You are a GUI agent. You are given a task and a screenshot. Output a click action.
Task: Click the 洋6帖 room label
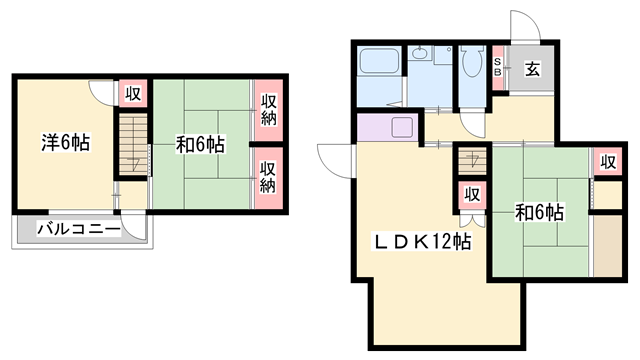66,142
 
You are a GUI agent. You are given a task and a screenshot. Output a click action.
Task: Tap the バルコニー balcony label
79,229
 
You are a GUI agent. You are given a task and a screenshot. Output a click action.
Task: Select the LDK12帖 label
423,242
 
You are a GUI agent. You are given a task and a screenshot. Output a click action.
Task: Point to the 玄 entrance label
532,69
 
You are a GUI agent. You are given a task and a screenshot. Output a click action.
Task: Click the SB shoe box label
498,67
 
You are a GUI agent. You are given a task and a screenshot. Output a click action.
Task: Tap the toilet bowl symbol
472,62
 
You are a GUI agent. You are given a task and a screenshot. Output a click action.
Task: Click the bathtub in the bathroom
378,62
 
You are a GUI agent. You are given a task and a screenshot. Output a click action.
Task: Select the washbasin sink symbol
419,53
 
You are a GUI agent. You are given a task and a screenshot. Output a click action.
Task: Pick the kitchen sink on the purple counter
402,127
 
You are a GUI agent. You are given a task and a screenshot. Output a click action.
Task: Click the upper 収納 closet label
269,109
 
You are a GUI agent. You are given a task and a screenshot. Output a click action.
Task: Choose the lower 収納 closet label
268,177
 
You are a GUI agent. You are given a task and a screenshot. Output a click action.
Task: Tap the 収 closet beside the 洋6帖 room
133,93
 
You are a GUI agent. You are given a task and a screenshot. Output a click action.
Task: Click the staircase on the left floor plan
133,145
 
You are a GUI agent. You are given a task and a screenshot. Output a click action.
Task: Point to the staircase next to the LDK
473,159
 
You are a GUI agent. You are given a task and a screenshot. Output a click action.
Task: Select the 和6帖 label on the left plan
200,144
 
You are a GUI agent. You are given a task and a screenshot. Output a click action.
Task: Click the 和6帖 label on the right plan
540,212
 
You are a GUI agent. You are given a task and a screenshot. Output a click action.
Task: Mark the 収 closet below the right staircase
472,195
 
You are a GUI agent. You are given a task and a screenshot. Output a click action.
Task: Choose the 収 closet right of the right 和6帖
608,162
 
